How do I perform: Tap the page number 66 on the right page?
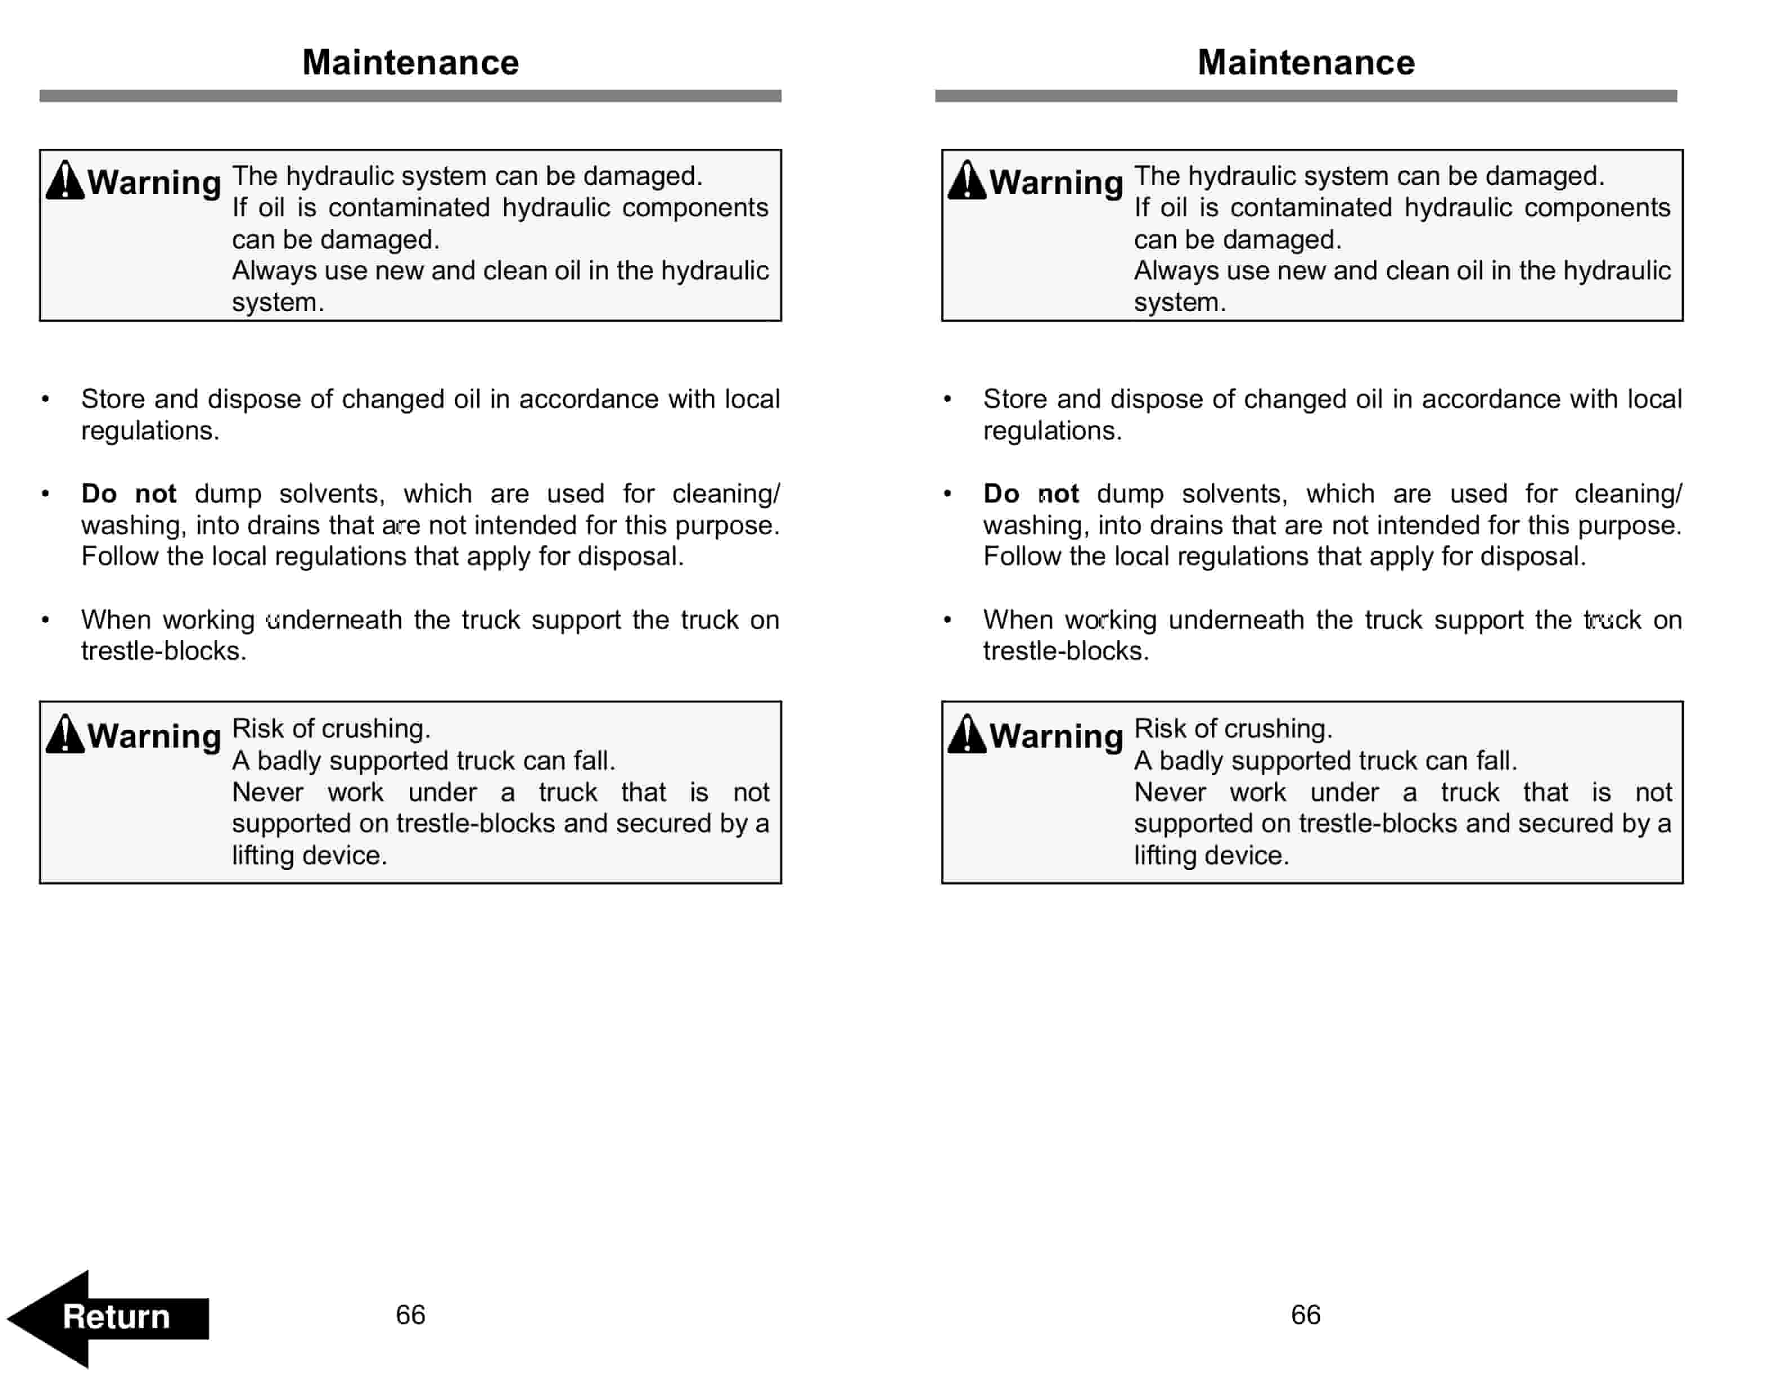(x=1305, y=1314)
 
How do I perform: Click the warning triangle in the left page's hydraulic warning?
(x=65, y=181)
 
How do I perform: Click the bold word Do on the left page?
(x=99, y=494)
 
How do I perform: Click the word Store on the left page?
(x=113, y=399)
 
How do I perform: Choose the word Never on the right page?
(x=1170, y=792)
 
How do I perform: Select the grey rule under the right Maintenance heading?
(x=1305, y=96)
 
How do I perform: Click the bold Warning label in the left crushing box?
(x=154, y=735)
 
